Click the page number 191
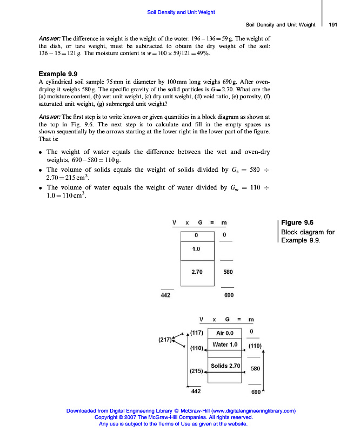[333, 24]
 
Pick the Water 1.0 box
[225, 345]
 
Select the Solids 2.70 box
[225, 366]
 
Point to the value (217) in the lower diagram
[165, 340]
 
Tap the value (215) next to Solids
[196, 371]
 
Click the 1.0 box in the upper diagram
[196, 249]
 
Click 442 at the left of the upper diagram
[165, 295]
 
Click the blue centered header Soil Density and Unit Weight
[181, 12]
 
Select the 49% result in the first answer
[205, 53]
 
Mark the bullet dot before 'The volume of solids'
[41, 170]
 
